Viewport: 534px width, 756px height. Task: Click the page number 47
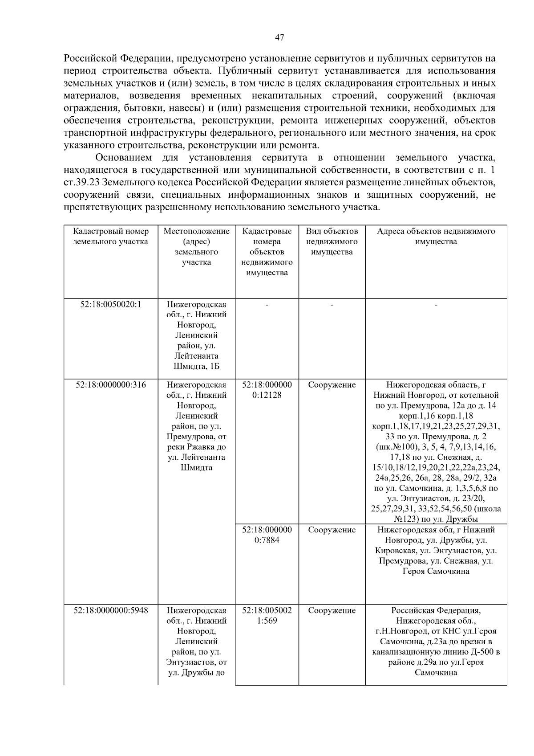tap(279, 37)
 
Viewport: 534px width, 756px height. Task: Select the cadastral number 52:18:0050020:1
tap(111, 305)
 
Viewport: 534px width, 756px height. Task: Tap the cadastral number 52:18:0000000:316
tap(111, 385)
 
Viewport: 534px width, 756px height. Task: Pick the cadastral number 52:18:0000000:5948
tap(111, 611)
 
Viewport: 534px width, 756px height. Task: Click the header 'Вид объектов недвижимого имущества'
tap(332, 242)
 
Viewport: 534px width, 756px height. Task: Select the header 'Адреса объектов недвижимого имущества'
tap(436, 237)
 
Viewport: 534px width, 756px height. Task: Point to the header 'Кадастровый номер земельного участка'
tap(111, 237)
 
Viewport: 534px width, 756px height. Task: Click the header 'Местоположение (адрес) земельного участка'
tap(197, 247)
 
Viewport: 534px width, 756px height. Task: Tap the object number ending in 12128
tap(267, 390)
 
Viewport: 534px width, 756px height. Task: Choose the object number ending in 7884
tap(267, 535)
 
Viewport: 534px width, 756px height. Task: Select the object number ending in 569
tap(267, 616)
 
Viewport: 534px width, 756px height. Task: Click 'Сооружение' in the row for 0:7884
tap(332, 530)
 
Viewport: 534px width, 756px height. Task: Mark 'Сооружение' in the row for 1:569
tap(332, 611)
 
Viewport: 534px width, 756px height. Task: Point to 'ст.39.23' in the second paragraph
tap(81, 183)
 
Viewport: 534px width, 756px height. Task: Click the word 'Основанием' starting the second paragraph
tap(124, 158)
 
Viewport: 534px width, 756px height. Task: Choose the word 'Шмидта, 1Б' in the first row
tap(197, 367)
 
